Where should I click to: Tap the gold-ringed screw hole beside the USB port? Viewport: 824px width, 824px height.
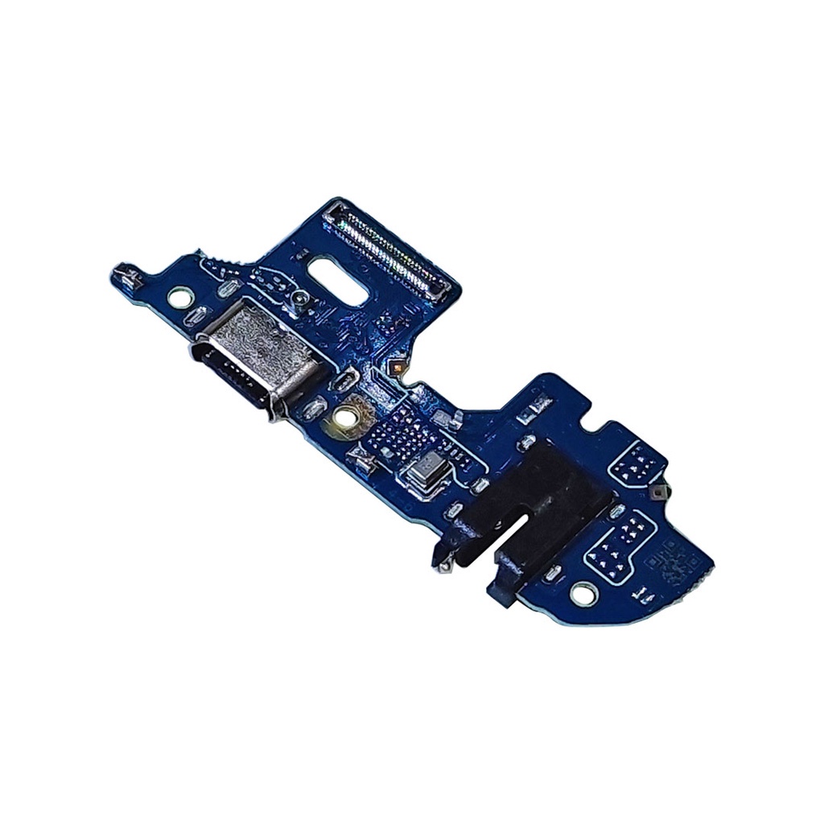(x=348, y=417)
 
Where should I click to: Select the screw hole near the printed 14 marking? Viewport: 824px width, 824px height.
(x=581, y=594)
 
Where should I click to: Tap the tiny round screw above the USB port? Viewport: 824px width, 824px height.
(x=299, y=300)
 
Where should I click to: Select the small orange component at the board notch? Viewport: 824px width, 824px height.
(x=396, y=367)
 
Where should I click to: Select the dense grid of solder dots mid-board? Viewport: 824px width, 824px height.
(x=400, y=439)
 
